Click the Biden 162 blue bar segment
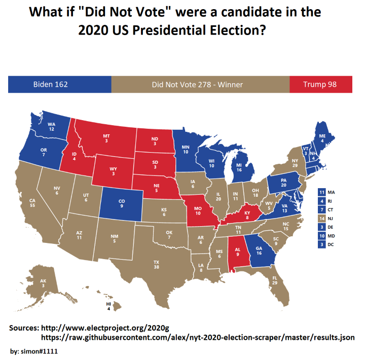click(x=60, y=84)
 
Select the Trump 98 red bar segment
click(x=320, y=84)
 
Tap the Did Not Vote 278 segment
click(x=200, y=84)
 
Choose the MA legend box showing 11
click(x=321, y=193)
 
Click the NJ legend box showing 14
click(x=321, y=219)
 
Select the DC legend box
click(x=321, y=244)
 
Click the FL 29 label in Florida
click(x=274, y=280)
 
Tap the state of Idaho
click(x=75, y=154)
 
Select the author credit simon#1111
click(x=37, y=351)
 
